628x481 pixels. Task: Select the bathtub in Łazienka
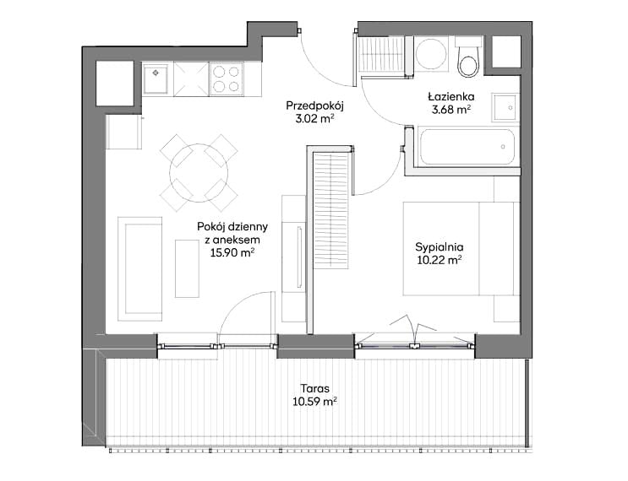tap(467, 147)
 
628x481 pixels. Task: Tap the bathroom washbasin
tap(505, 108)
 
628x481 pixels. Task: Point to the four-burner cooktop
tap(226, 79)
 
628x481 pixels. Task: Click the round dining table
tap(199, 173)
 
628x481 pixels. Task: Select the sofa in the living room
tap(140, 268)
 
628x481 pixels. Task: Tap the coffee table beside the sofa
tap(187, 268)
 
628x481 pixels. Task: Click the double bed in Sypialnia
tap(461, 249)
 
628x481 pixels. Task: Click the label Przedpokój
tap(315, 106)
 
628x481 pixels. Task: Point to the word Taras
tap(314, 388)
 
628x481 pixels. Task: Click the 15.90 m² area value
tap(232, 252)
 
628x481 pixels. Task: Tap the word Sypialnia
tap(440, 247)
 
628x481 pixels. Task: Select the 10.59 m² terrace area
tap(314, 401)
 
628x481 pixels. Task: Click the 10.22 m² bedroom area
tap(440, 260)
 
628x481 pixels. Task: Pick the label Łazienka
tap(451, 96)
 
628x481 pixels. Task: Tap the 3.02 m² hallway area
tap(315, 119)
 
